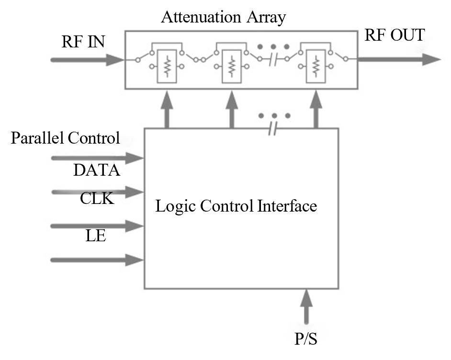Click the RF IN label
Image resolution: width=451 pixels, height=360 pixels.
point(83,42)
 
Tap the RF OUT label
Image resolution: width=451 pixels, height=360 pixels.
point(395,35)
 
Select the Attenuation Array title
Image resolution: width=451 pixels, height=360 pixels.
point(224,17)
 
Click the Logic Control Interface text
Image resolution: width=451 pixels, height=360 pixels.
point(236,206)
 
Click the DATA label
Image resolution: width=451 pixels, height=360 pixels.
point(97,170)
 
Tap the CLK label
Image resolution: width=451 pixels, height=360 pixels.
point(97,198)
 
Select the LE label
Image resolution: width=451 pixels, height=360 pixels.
point(96,236)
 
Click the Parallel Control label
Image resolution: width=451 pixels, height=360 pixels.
point(65,138)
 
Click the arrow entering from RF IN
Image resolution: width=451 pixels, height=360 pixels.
point(88,60)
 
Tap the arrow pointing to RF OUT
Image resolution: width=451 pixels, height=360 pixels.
point(399,59)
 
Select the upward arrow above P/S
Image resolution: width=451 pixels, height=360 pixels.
point(306,306)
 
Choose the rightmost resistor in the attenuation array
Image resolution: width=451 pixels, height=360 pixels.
point(316,66)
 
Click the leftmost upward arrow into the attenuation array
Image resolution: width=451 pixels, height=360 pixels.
point(167,109)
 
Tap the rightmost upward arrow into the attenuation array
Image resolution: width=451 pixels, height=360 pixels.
point(316,109)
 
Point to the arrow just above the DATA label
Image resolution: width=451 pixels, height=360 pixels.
point(97,158)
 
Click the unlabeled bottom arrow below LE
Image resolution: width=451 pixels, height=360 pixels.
point(97,260)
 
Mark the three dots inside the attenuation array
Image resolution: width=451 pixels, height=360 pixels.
point(273,46)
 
